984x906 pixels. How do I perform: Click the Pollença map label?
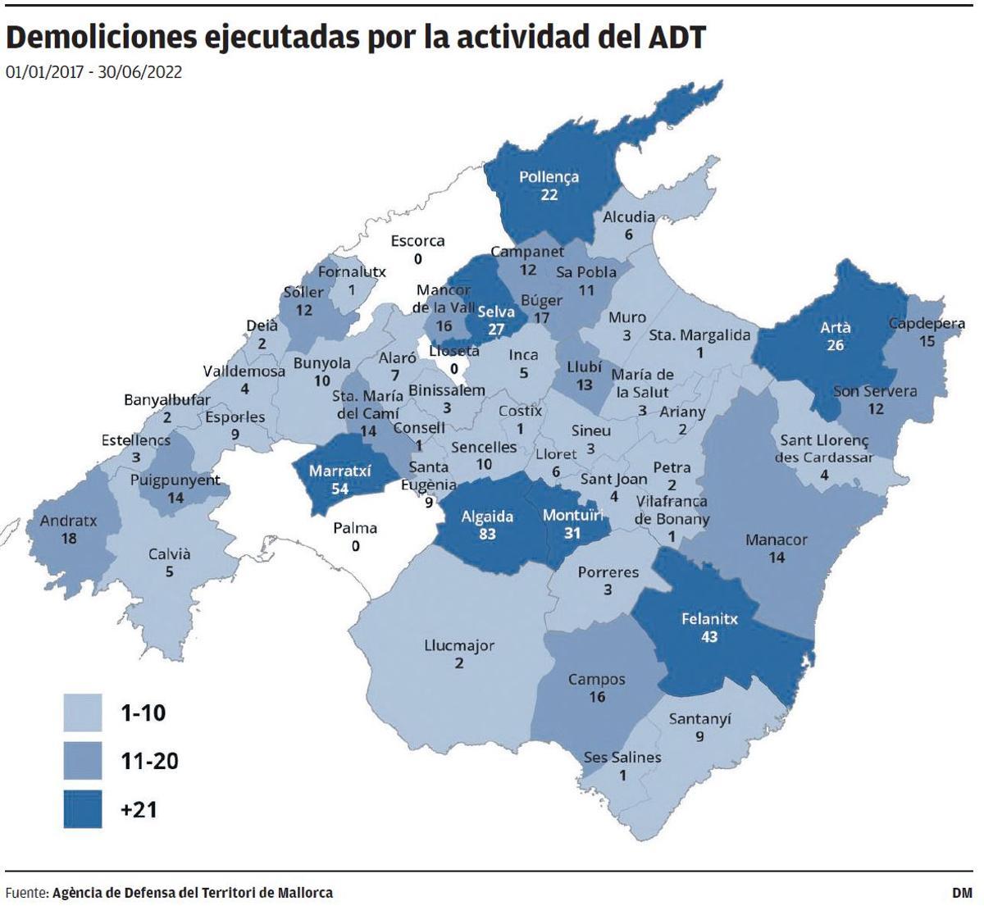(x=549, y=176)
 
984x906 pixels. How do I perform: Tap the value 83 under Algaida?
(x=487, y=534)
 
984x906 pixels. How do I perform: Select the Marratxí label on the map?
(x=339, y=471)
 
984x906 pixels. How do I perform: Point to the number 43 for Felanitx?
(x=709, y=636)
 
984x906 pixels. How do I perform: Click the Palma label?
(x=355, y=528)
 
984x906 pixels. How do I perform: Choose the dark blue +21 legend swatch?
(x=83, y=809)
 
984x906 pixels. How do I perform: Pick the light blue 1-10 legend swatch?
(x=83, y=713)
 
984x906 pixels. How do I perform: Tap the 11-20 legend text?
(x=148, y=762)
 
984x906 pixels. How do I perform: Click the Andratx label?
(x=69, y=521)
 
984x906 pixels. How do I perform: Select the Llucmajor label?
(x=459, y=645)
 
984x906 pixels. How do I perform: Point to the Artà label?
(x=835, y=327)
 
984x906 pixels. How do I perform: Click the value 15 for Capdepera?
(x=927, y=341)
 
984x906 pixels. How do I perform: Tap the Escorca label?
(x=417, y=241)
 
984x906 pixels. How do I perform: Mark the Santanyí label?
(x=699, y=719)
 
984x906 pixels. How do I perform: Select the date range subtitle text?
(x=93, y=72)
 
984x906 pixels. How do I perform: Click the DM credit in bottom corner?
(x=961, y=892)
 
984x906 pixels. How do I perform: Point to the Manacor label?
(x=776, y=540)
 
